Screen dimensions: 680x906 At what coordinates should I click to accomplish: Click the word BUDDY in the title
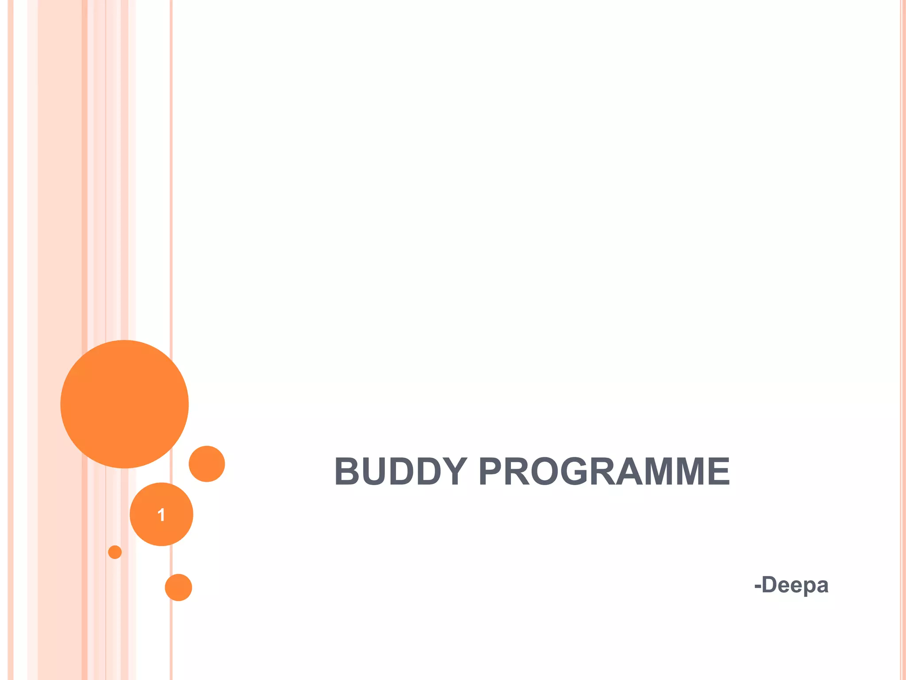(400, 471)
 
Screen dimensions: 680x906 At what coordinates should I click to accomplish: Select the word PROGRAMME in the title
(604, 471)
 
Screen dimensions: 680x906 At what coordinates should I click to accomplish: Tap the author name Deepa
(795, 585)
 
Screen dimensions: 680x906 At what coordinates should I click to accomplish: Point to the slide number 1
(161, 515)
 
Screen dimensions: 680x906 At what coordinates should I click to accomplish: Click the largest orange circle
(124, 404)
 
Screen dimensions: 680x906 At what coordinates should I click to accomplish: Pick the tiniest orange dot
(115, 552)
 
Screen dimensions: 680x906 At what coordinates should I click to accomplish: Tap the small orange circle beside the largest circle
(207, 464)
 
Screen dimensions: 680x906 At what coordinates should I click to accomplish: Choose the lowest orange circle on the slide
(178, 587)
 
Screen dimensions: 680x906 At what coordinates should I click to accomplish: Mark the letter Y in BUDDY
(452, 471)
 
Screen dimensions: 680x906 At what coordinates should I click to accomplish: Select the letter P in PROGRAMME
(492, 471)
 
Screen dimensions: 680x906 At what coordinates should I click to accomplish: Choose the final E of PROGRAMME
(717, 471)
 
